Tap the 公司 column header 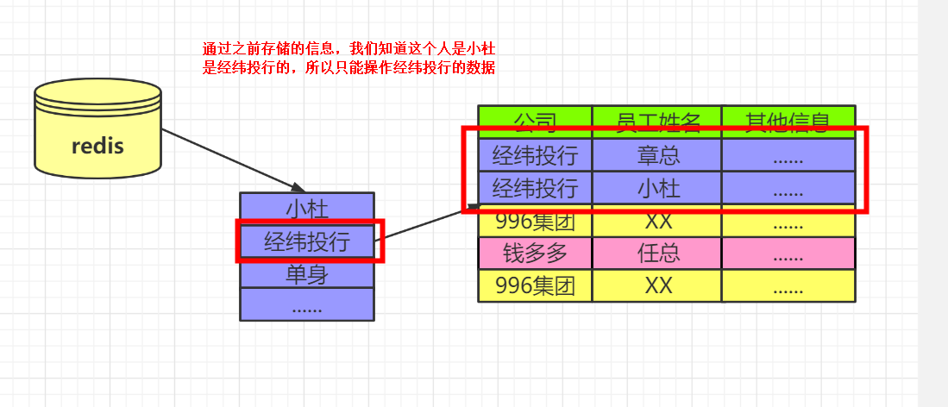point(535,121)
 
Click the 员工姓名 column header point(657,121)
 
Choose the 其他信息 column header point(788,121)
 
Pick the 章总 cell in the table point(657,155)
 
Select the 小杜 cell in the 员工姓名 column point(657,188)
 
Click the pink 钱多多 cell point(535,254)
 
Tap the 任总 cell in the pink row point(657,254)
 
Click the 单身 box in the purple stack point(307,274)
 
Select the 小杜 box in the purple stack point(307,208)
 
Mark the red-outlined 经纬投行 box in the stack point(307,241)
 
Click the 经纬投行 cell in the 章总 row point(535,155)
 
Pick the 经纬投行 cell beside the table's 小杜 point(535,188)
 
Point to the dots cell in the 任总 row point(788,254)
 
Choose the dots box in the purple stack point(307,305)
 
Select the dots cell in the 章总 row point(788,155)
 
